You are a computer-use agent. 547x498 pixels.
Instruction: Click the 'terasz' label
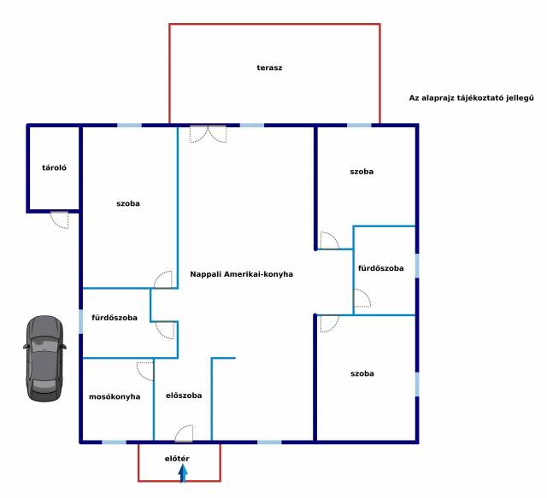point(269,67)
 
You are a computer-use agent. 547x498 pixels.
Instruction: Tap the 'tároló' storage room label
point(54,167)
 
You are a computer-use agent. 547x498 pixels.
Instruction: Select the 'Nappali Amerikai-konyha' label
point(241,274)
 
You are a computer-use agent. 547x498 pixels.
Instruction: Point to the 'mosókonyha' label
point(115,396)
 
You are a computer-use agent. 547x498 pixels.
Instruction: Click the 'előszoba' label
point(184,395)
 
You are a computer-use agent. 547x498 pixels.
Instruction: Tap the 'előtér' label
point(177,459)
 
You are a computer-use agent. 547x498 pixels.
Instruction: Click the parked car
point(44,359)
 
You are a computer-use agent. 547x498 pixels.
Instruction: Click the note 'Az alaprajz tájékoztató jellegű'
point(471,98)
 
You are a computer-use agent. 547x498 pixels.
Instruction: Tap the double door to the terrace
point(209,134)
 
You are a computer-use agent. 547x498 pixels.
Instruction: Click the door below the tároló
point(60,220)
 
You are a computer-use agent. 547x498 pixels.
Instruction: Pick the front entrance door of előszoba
point(184,433)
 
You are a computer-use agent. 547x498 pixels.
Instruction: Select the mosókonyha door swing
point(145,372)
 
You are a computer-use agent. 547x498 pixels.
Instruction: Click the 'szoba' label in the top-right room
point(362,172)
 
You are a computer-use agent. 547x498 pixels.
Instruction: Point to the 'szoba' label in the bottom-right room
point(362,373)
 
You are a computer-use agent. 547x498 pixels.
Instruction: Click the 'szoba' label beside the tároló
point(128,203)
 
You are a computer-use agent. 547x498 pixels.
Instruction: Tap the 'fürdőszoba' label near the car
point(115,318)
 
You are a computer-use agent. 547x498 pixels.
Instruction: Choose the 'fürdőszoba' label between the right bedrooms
point(381,268)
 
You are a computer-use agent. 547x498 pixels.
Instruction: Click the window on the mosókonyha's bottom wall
point(114,442)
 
